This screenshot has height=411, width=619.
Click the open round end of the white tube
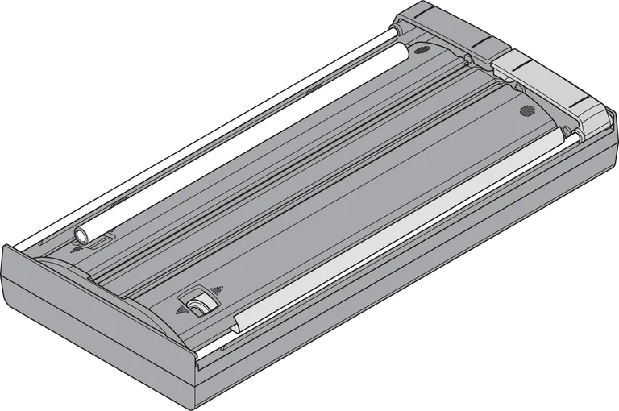[82, 235]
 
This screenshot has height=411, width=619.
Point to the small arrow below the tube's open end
[77, 250]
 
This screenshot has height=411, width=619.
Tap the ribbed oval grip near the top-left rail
[420, 50]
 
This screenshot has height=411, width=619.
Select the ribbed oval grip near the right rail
[526, 110]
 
